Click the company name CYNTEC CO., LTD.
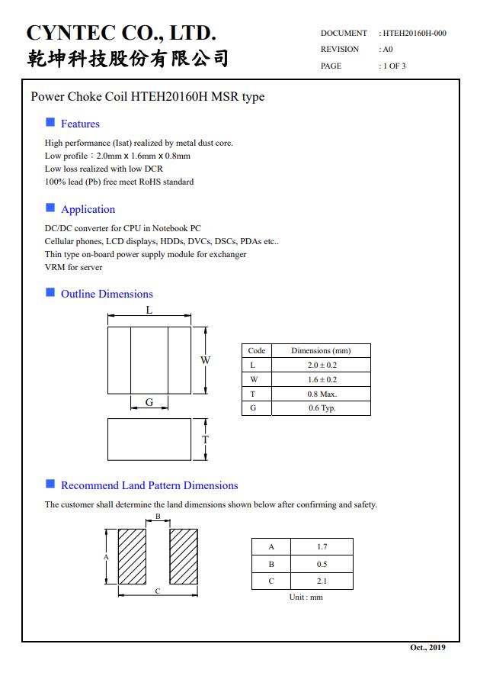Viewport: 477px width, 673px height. point(122,33)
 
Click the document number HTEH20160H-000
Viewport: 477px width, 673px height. point(415,33)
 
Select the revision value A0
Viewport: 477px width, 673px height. point(388,50)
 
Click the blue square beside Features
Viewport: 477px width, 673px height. point(50,122)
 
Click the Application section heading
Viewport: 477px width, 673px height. point(88,209)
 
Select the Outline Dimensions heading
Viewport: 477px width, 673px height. point(107,294)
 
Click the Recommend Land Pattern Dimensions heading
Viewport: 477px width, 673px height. point(149,485)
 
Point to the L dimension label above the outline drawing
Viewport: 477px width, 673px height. point(149,310)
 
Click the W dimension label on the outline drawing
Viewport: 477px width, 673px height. point(206,360)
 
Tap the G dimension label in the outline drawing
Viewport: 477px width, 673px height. point(149,402)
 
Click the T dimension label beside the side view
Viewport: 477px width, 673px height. point(205,440)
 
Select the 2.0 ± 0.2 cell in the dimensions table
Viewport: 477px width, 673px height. point(322,365)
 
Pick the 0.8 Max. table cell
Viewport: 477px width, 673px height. point(322,394)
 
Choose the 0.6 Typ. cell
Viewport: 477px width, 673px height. point(322,408)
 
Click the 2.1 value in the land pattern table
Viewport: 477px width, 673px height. point(322,581)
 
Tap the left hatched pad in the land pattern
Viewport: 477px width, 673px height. point(132,557)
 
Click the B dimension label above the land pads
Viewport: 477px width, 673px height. point(158,517)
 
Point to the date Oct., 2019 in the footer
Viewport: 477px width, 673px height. point(427,648)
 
